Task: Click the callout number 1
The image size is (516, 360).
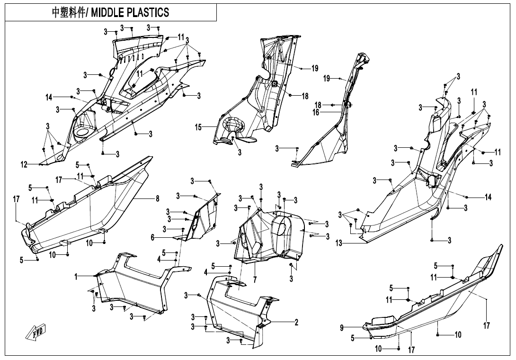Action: (x=76, y=276)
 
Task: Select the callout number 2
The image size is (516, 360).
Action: (x=296, y=323)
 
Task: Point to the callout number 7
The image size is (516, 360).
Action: (x=255, y=280)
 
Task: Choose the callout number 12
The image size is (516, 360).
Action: (x=23, y=164)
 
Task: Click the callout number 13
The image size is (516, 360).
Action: (x=338, y=243)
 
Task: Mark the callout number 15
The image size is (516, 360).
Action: (x=199, y=127)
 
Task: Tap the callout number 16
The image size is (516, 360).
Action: (x=316, y=113)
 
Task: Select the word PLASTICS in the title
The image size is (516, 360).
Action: (x=149, y=12)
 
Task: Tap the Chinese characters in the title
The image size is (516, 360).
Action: (x=68, y=12)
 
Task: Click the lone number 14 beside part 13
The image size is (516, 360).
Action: (x=488, y=197)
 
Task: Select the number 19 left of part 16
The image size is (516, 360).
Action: (x=327, y=79)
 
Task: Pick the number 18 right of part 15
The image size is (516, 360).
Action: (x=305, y=96)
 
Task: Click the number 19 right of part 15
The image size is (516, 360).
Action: (x=314, y=69)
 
